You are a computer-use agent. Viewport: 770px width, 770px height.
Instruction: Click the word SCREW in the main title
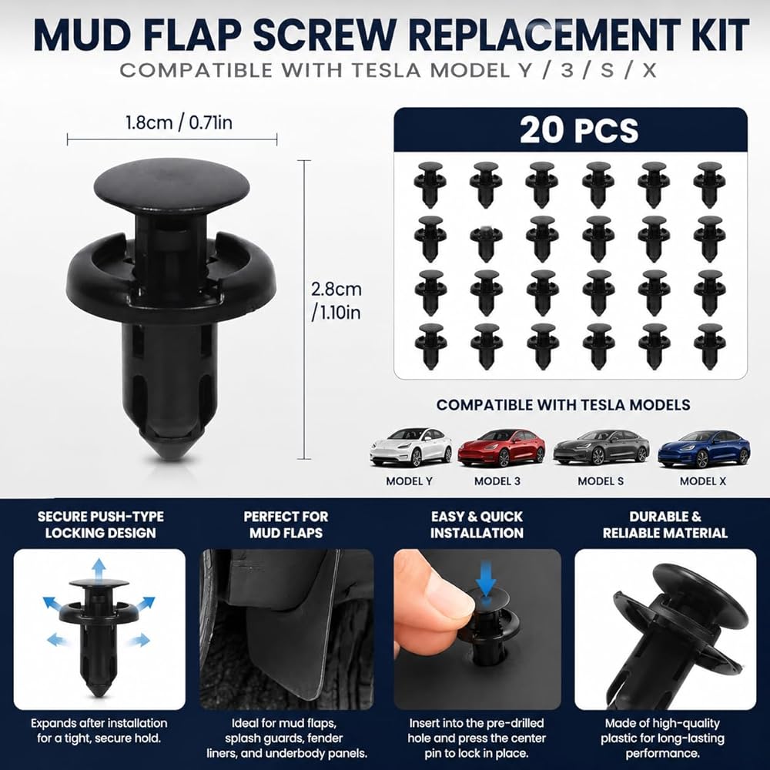pyautogui.click(x=325, y=35)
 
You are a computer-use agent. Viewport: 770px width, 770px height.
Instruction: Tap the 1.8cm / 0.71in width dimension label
pyautogui.click(x=179, y=122)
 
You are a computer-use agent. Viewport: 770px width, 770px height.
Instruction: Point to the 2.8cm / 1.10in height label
pyautogui.click(x=336, y=300)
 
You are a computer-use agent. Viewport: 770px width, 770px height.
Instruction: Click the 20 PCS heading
pyautogui.click(x=579, y=130)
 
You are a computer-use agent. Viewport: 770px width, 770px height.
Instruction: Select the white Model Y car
pyautogui.click(x=411, y=447)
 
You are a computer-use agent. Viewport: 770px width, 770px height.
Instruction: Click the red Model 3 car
pyautogui.click(x=501, y=447)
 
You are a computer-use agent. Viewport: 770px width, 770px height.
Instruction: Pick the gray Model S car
pyautogui.click(x=601, y=447)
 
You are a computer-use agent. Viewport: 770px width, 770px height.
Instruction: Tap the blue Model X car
pyautogui.click(x=704, y=449)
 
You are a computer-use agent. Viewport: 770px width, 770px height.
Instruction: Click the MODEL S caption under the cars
pyautogui.click(x=601, y=481)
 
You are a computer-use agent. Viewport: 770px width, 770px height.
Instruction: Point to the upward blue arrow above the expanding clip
pyautogui.click(x=99, y=570)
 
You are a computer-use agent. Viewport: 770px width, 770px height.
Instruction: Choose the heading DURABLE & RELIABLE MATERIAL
pyautogui.click(x=665, y=525)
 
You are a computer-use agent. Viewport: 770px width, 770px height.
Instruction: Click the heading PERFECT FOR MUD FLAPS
pyautogui.click(x=286, y=525)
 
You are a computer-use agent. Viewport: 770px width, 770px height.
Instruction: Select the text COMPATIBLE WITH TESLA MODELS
pyautogui.click(x=564, y=405)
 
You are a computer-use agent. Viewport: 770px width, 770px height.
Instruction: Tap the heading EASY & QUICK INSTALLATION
pyautogui.click(x=477, y=525)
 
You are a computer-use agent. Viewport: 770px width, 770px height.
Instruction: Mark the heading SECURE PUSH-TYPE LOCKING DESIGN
pyautogui.click(x=101, y=525)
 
